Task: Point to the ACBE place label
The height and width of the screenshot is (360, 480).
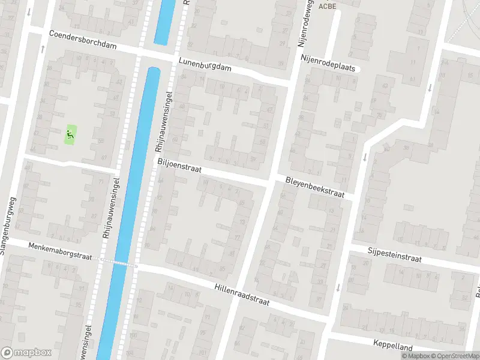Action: (x=326, y=6)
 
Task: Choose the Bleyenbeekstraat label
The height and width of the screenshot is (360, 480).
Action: (x=314, y=186)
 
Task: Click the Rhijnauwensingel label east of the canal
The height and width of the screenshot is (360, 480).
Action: (x=165, y=114)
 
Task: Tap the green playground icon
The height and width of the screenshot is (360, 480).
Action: (x=71, y=135)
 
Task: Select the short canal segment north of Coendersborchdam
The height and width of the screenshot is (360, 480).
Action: (x=164, y=21)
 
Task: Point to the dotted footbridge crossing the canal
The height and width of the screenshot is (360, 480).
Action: (x=119, y=262)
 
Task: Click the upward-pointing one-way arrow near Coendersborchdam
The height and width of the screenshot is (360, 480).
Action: (x=43, y=48)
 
